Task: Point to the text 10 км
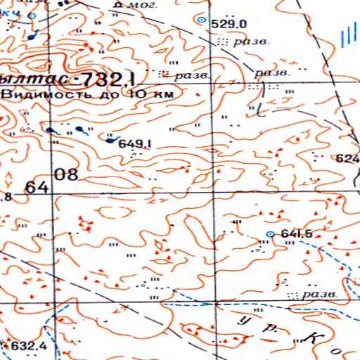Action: point(153,93)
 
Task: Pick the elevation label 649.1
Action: point(137,143)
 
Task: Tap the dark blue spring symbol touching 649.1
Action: point(112,139)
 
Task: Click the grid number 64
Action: point(37,188)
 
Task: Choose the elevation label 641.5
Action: point(296,234)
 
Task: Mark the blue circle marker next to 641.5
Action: point(271,233)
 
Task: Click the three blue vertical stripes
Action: point(345,35)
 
